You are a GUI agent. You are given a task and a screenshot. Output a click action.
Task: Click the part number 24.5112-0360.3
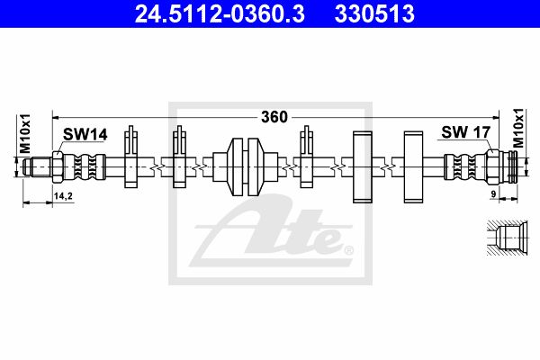(220, 14)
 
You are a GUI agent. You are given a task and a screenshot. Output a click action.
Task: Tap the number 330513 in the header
(374, 14)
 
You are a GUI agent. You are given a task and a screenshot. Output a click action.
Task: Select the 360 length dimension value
(274, 117)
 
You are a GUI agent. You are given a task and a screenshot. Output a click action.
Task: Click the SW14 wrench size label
(85, 134)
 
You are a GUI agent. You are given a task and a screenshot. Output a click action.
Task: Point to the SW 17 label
(465, 132)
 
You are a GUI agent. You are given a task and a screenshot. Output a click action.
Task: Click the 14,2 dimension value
(63, 196)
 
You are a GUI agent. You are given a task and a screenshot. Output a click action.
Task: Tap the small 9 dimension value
(493, 194)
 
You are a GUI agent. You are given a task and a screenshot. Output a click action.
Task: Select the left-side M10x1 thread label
(25, 133)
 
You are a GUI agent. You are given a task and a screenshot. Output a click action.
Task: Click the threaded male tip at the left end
(37, 167)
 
